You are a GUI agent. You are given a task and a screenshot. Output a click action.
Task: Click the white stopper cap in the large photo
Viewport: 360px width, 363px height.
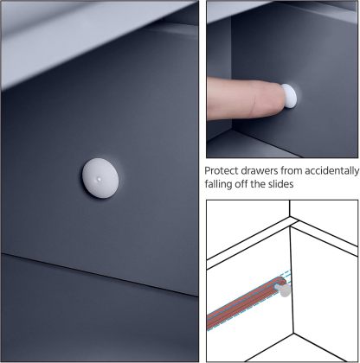point(100,178)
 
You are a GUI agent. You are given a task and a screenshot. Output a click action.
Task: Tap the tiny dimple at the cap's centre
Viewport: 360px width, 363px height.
point(100,179)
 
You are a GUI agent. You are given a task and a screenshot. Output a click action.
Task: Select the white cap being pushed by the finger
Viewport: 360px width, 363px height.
point(289,96)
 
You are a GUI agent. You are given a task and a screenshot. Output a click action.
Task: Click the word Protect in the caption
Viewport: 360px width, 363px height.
point(222,171)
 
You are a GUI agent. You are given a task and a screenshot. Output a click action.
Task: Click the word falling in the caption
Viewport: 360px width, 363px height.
point(218,184)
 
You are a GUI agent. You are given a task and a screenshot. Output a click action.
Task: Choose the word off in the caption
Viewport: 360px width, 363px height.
point(241,184)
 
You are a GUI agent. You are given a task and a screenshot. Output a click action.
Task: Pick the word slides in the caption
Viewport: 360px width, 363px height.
point(280,184)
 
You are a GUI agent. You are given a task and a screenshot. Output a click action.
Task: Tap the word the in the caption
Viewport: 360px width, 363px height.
point(258,184)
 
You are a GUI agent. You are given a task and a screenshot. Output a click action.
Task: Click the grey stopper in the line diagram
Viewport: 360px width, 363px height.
point(284,290)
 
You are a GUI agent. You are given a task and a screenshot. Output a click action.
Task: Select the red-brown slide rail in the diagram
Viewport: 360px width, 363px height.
point(245,303)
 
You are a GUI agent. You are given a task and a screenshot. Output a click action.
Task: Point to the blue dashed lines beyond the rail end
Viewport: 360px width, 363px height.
point(287,276)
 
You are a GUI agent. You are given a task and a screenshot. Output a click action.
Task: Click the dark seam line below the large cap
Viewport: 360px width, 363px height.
point(100,275)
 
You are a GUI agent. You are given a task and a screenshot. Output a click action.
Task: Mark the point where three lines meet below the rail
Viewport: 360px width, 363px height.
point(293,334)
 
